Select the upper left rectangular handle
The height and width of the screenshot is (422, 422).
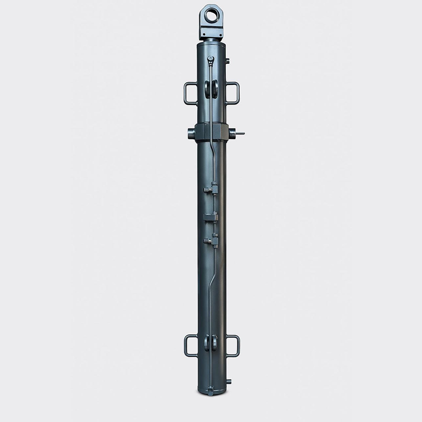(x=190, y=93)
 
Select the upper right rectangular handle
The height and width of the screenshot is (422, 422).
(x=232, y=93)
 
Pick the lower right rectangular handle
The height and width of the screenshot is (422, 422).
(x=232, y=346)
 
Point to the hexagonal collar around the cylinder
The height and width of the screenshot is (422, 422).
(x=211, y=132)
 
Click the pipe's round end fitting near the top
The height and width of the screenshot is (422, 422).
(x=211, y=59)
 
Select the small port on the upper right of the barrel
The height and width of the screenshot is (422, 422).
(x=228, y=61)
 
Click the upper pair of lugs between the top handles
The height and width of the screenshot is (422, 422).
(x=211, y=89)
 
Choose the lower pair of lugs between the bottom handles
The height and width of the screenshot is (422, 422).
(x=211, y=343)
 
